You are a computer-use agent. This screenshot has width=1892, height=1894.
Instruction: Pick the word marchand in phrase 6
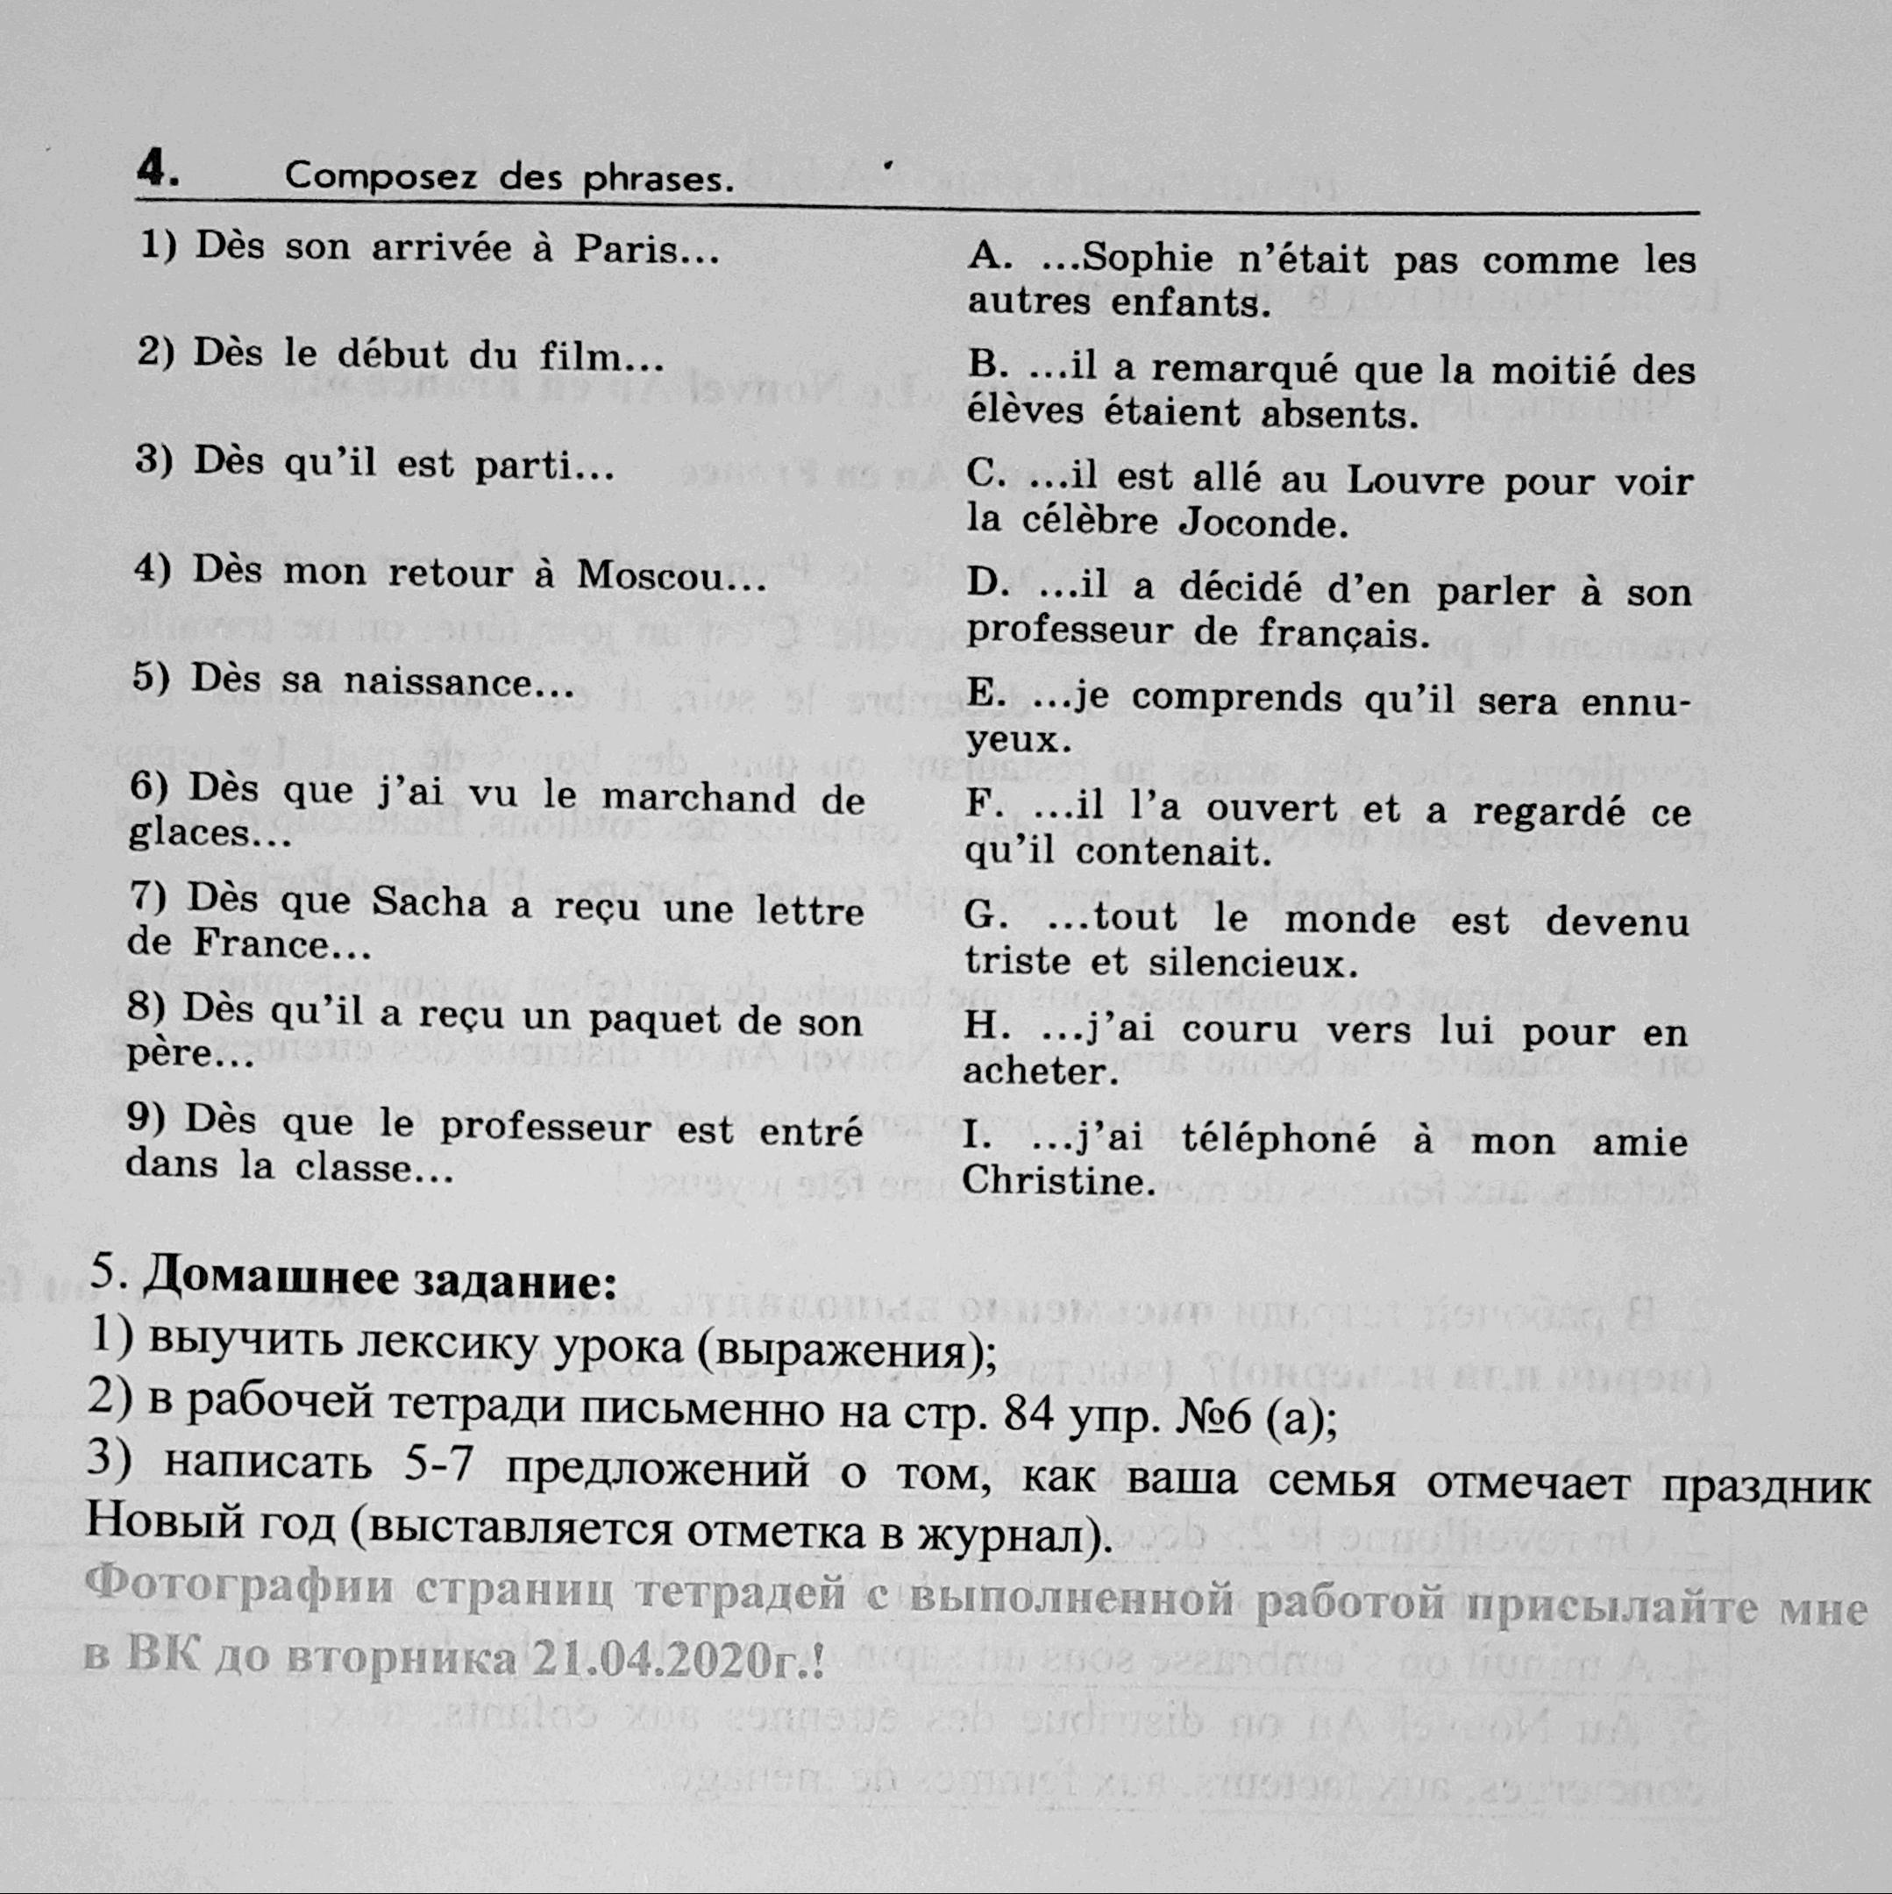point(698,797)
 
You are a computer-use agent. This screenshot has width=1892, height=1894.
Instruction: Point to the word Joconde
point(1258,523)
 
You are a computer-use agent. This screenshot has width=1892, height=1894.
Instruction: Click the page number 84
point(1028,1414)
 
